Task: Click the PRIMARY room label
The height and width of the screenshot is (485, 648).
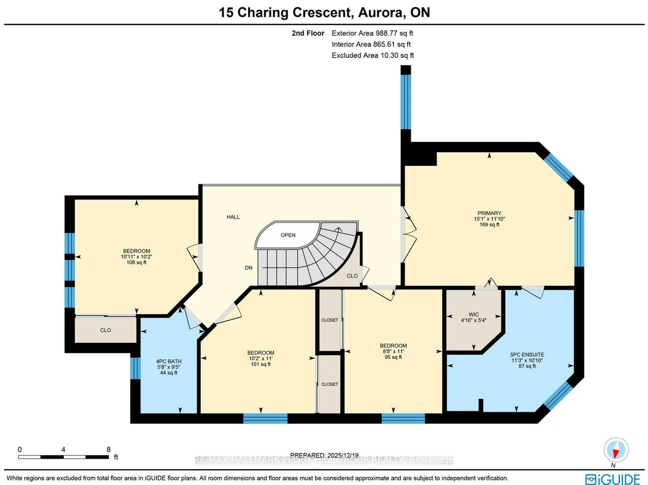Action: (x=489, y=213)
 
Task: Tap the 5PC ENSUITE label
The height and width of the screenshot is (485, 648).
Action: (x=527, y=355)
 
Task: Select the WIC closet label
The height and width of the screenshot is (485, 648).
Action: (x=474, y=315)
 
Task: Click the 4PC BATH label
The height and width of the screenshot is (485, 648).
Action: (x=168, y=361)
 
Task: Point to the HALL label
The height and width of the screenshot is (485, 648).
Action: (x=233, y=217)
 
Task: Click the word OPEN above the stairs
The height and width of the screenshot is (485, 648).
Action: (x=288, y=235)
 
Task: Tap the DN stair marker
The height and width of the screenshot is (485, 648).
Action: (x=248, y=268)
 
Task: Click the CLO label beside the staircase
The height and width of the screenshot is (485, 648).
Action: (x=352, y=276)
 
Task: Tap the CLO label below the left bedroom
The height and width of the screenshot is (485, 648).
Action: (x=106, y=330)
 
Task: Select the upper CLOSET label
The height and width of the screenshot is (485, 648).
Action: (x=329, y=320)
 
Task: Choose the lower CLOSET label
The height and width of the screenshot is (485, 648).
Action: (x=329, y=384)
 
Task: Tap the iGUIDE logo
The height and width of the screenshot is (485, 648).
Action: (x=613, y=479)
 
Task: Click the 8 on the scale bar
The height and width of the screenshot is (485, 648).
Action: (x=109, y=450)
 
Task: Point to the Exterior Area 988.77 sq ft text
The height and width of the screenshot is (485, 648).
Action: (x=372, y=33)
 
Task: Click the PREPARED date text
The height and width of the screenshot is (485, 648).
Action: (x=324, y=455)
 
